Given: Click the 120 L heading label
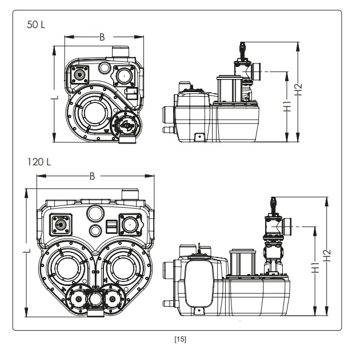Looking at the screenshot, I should pos(39,162).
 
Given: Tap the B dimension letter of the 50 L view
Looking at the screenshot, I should pos(102,37).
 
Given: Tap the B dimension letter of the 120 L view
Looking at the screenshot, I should pos(92,176).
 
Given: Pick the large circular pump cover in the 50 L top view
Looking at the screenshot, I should pos(92,112).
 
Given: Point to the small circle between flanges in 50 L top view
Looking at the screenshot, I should pos(103,69).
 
